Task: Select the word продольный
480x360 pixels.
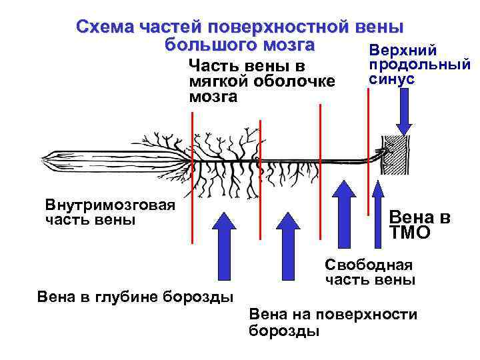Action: coord(419,65)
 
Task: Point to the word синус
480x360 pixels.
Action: coord(391,79)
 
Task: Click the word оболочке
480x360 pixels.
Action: coord(295,81)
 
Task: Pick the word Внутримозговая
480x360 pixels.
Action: coord(110,205)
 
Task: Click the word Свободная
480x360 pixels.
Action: coord(369,265)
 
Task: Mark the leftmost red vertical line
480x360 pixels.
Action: coord(192,177)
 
